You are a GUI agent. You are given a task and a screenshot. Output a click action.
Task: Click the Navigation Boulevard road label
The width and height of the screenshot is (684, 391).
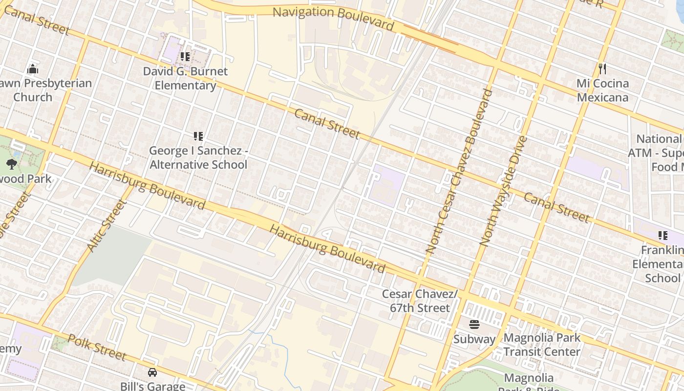pos(333,18)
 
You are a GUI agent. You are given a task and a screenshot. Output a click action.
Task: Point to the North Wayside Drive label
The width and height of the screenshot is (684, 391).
pos(503,191)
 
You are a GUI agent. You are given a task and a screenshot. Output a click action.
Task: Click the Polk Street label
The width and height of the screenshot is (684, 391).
pos(97,347)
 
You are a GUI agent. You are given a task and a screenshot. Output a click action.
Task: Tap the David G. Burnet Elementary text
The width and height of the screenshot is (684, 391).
pos(185,78)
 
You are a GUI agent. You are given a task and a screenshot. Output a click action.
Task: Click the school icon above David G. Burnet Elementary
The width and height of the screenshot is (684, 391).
pos(185,57)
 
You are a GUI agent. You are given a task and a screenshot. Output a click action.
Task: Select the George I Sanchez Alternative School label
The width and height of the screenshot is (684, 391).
pos(198,158)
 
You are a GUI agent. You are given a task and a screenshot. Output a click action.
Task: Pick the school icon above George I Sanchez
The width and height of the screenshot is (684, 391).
pos(198,136)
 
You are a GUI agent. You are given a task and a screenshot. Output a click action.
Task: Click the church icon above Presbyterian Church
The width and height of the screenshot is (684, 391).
pos(33,68)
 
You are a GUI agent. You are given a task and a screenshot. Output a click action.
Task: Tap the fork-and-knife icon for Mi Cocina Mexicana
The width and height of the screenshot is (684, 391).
pos(602,68)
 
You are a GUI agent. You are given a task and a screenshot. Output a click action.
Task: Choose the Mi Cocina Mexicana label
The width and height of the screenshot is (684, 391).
pos(602,90)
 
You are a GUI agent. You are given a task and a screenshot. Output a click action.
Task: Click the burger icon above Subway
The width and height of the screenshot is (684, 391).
pos(474,324)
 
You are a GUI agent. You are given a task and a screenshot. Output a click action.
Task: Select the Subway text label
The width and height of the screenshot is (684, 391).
pos(474,339)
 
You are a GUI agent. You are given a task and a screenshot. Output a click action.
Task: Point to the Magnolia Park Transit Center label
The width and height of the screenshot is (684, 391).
pos(542,345)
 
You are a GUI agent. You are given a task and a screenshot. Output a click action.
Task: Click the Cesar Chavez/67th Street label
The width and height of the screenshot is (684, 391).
pos(420,301)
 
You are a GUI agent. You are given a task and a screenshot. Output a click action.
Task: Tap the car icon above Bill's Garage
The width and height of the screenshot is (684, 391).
pos(152,372)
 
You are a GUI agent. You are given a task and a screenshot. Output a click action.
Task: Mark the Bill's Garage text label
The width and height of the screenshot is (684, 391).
pos(152,386)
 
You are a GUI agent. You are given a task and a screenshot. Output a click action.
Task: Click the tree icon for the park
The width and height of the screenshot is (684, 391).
pos(11,164)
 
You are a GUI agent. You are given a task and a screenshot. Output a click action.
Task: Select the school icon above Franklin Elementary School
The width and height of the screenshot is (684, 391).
pos(663,236)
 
